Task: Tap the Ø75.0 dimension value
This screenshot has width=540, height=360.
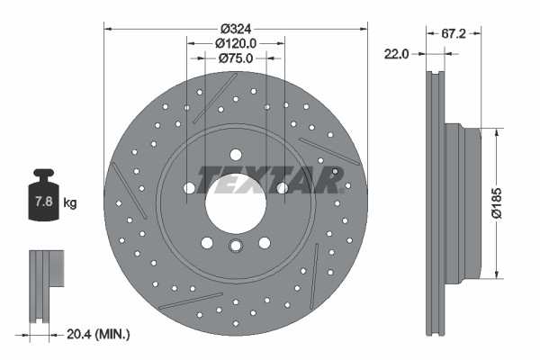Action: [236, 58]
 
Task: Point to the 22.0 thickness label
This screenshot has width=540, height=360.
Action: [396, 54]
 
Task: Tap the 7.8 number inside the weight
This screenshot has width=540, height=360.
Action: [41, 202]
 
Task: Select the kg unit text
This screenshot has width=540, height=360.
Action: [70, 202]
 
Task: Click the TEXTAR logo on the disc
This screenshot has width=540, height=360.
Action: [271, 179]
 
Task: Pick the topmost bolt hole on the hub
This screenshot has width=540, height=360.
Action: [236, 154]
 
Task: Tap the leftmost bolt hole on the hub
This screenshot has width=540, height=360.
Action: [190, 188]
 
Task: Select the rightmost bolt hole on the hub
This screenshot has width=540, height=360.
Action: [282, 188]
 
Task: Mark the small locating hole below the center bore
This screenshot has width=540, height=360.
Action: [236, 247]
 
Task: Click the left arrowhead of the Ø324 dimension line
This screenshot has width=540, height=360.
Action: [109, 27]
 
